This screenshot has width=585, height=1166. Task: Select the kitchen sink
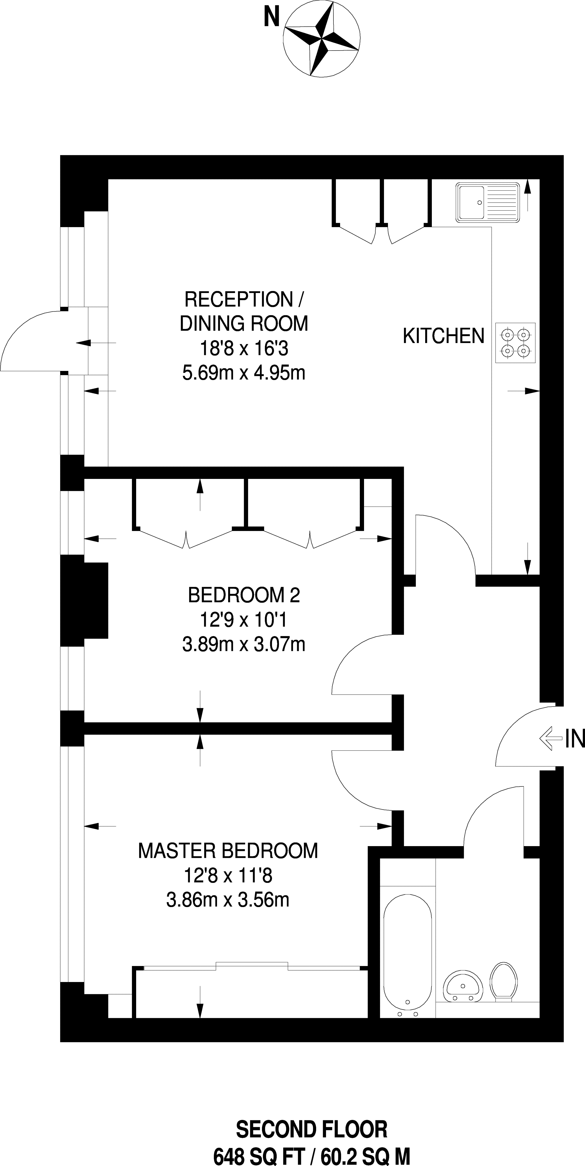[x=488, y=202]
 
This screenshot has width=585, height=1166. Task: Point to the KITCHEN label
[x=444, y=336]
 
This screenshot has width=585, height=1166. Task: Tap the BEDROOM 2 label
[x=244, y=595]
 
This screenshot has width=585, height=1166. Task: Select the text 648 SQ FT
[x=258, y=1153]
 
